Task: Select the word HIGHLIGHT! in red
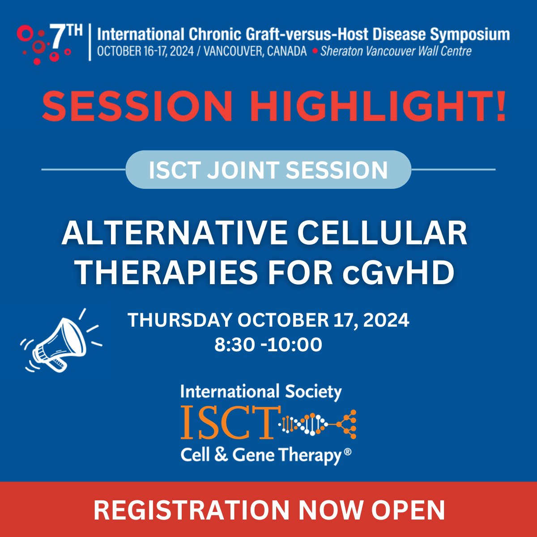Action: click(x=378, y=107)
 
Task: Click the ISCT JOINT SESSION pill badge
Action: click(x=268, y=170)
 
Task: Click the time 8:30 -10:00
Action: click(x=268, y=345)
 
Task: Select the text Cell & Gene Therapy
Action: click(x=262, y=455)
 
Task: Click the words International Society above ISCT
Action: click(x=261, y=392)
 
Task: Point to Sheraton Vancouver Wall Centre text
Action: click(x=396, y=51)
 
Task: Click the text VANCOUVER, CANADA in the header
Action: click(x=255, y=51)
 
